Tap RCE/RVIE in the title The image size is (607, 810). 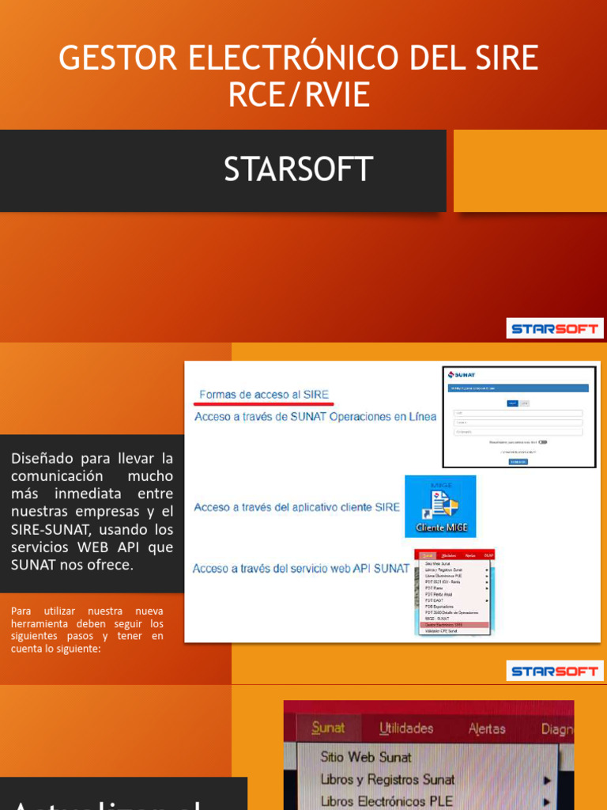(299, 94)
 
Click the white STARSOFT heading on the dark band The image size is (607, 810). (298, 168)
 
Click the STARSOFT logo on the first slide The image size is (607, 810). (554, 328)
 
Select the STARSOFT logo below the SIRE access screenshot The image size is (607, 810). (554, 671)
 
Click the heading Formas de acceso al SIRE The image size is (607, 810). (264, 394)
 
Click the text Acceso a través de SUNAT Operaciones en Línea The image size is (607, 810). (315, 417)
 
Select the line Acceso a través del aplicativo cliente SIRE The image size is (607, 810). (297, 507)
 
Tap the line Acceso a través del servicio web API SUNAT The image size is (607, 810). (301, 568)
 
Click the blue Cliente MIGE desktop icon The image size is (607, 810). (440, 507)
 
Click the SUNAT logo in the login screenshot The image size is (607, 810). (462, 374)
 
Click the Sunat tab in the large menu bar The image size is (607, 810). (328, 728)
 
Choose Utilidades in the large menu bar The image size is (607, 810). (406, 728)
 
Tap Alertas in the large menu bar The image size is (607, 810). (487, 729)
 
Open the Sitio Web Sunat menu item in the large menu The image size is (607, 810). (366, 757)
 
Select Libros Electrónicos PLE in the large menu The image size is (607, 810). (386, 801)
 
